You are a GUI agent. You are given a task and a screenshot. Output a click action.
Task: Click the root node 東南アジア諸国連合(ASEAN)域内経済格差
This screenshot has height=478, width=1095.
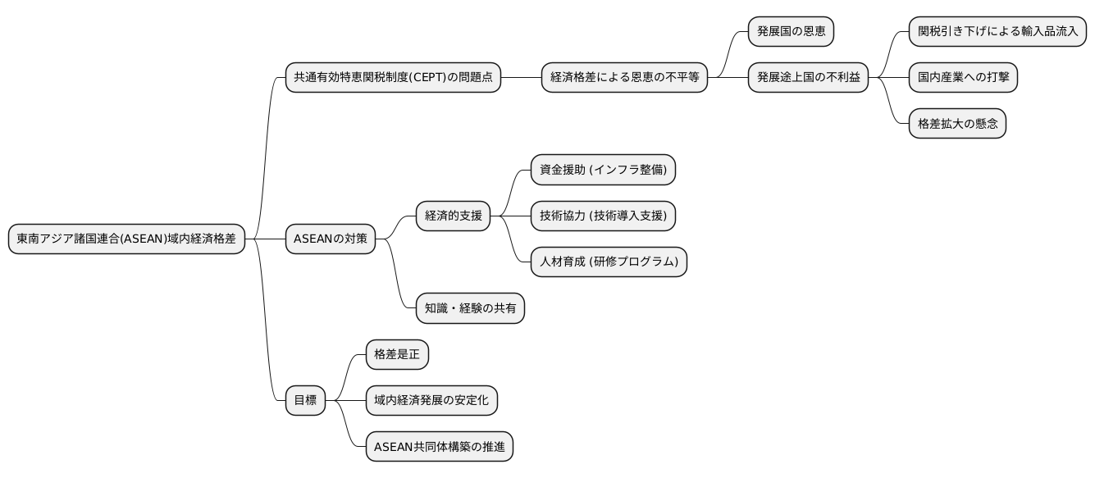[x=126, y=239]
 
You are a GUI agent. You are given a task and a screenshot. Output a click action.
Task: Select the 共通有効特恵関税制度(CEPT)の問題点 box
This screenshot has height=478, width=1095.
[x=393, y=78]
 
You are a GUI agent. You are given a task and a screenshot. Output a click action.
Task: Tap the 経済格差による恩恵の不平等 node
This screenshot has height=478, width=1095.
[x=624, y=78]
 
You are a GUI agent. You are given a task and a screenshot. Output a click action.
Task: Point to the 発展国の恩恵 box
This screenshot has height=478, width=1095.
[x=791, y=32]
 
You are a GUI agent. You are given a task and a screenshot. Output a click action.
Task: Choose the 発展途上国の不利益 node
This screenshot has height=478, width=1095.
[x=808, y=78]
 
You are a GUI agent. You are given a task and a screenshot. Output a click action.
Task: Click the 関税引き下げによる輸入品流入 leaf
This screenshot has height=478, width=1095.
[x=997, y=32]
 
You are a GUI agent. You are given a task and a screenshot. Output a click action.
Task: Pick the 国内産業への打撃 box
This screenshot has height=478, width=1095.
[x=963, y=78]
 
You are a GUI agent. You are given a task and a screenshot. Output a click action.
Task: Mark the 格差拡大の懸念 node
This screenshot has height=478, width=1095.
[x=957, y=124]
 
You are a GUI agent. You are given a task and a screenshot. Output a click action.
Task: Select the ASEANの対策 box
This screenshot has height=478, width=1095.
[x=331, y=239]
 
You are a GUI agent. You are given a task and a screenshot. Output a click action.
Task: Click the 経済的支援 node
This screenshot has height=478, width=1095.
[x=453, y=216]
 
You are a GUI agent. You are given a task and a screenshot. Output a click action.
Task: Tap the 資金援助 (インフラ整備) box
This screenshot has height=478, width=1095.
[x=603, y=171]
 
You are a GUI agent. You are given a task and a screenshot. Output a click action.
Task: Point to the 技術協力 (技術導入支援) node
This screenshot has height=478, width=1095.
[x=603, y=216]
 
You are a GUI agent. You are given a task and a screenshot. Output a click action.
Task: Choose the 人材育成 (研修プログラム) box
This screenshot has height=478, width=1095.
[x=609, y=262]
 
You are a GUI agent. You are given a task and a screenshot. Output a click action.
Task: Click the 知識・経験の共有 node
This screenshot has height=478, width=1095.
[x=470, y=308]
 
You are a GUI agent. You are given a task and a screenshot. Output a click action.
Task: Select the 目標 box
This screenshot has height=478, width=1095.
[x=304, y=401]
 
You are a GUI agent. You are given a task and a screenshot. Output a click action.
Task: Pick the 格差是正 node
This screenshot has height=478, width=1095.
[x=397, y=355]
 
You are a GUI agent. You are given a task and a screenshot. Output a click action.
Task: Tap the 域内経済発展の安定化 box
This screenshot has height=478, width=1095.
[x=431, y=401]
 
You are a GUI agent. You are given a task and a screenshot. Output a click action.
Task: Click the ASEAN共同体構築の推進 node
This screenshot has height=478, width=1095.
[x=439, y=447]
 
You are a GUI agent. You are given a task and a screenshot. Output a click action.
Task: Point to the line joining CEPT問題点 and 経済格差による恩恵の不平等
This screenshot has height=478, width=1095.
[x=521, y=78]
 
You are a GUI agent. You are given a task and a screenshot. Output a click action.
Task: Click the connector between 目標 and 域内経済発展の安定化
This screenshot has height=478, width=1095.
[x=345, y=401]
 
